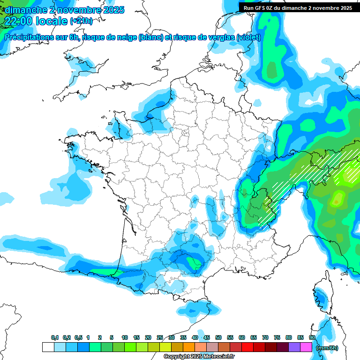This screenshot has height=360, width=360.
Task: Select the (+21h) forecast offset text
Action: pos(81,21)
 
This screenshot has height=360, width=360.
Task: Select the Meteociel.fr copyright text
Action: pos(199,357)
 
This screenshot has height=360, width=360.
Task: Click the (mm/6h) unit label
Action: pos(326,347)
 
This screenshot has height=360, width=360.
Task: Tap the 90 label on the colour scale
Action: pos(312,337)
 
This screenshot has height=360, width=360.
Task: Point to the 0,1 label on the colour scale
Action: pos(54,337)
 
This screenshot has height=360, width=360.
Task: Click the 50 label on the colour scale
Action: pos(218,337)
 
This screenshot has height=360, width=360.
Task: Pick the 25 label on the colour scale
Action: pos(159,337)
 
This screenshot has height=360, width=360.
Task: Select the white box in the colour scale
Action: pos(48,347)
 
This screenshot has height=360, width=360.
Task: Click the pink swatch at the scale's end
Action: pos(306,347)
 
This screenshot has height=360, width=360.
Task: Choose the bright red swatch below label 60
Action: pos(247,347)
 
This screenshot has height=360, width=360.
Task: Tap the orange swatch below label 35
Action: pos(189,347)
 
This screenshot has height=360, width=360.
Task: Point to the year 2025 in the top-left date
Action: pos(111,10)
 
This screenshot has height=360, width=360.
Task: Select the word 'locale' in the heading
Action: pos(51,21)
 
